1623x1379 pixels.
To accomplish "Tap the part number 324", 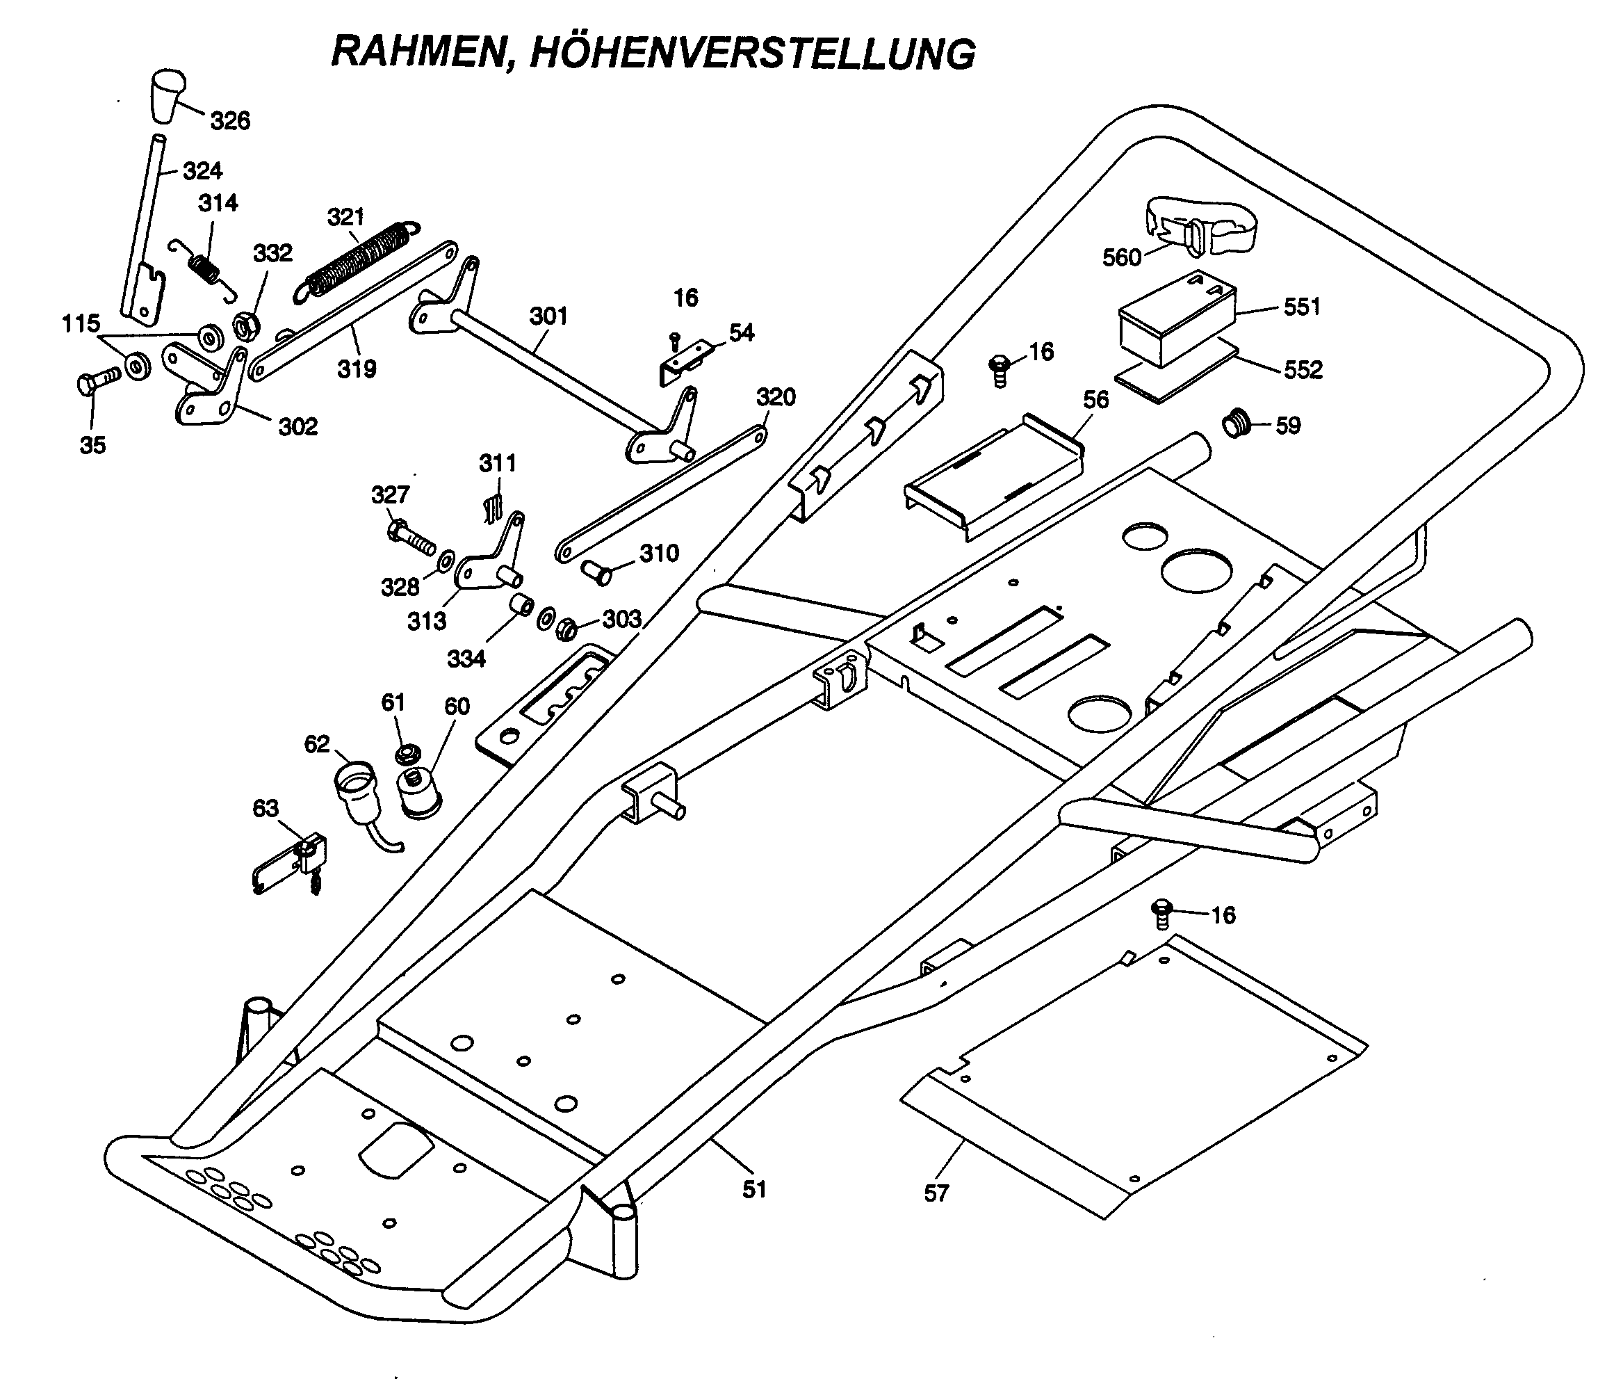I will (x=202, y=170).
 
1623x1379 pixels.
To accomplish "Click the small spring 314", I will (x=205, y=268).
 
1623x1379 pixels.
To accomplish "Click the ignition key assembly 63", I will (x=293, y=864).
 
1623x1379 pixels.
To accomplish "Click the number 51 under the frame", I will (x=754, y=1189).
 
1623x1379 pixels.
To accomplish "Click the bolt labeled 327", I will (x=410, y=535).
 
